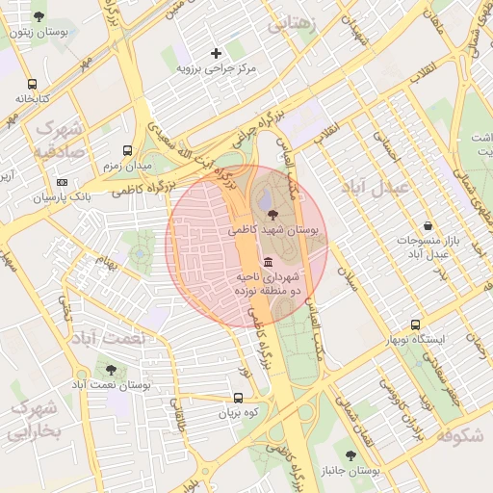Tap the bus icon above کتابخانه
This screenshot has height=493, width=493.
point(33,84)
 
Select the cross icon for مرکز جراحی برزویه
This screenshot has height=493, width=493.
point(216,53)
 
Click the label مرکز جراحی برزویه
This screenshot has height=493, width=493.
point(216,69)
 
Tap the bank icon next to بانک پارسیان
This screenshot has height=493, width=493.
point(63,182)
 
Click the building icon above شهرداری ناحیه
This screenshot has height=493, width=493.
point(267,263)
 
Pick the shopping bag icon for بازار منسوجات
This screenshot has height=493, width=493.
point(427,225)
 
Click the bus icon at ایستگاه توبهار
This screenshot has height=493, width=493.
point(415,325)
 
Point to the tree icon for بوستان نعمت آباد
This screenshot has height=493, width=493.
point(109,369)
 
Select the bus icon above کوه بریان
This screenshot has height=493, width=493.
point(238,398)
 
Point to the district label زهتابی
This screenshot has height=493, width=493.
point(291,26)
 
